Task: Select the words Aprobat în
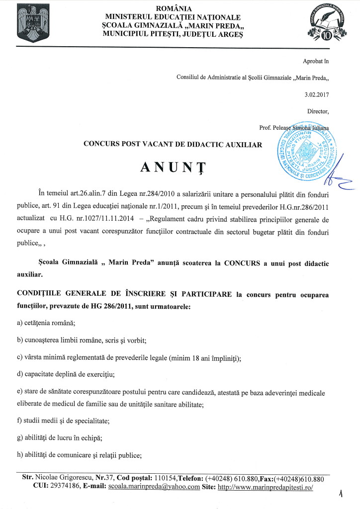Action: [x=316, y=61]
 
